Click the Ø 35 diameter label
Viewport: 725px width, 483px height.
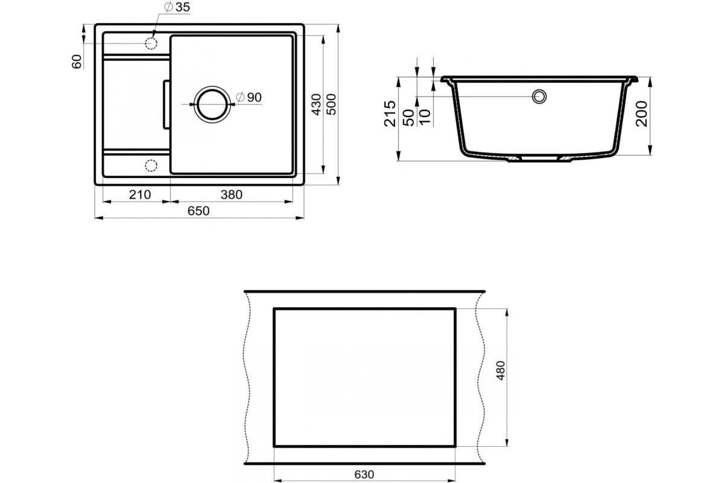tap(177, 7)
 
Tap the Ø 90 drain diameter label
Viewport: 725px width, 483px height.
tap(249, 97)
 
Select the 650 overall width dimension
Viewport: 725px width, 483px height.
tap(198, 211)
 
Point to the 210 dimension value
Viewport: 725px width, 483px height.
tap(140, 195)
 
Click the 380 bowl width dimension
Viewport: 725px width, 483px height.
tap(231, 195)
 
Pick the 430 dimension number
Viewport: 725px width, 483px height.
tap(316, 104)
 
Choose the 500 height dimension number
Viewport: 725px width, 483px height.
tap(332, 104)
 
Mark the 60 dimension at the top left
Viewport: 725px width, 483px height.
tap(77, 62)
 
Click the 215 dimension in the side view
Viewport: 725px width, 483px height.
tap(390, 114)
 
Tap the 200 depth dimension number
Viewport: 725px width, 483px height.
tap(642, 114)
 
